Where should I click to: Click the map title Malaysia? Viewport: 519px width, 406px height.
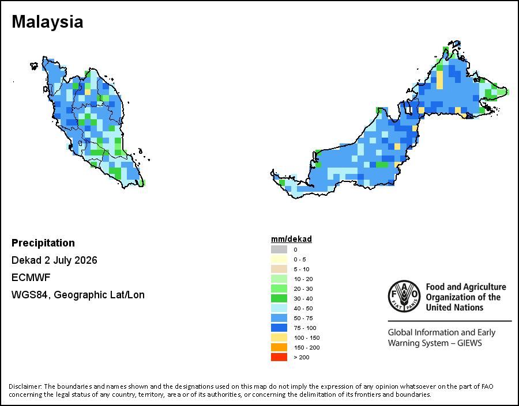(x=47, y=22)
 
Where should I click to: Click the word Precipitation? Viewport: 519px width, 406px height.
(x=43, y=243)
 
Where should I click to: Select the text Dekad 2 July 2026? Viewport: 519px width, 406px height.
(x=54, y=260)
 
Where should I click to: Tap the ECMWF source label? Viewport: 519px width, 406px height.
(x=31, y=278)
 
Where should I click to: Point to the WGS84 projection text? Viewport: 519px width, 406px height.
(x=78, y=295)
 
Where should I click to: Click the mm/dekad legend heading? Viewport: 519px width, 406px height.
(x=291, y=239)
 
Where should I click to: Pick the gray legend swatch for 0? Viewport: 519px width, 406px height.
(x=279, y=249)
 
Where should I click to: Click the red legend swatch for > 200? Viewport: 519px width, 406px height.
(x=279, y=357)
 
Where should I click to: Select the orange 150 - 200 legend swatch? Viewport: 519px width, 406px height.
(x=279, y=347)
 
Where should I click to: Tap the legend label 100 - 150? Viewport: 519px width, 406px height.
(x=307, y=338)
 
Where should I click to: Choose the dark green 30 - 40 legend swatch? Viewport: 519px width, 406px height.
(x=279, y=298)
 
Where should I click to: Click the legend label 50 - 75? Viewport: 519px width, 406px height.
(x=303, y=318)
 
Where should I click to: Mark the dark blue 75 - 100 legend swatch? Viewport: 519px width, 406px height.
(x=279, y=328)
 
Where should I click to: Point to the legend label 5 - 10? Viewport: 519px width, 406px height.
(x=302, y=269)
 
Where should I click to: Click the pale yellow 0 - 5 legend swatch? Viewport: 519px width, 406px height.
(x=279, y=259)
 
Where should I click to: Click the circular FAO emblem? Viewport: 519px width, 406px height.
(x=404, y=296)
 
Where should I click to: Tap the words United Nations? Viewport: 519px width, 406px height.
(x=454, y=308)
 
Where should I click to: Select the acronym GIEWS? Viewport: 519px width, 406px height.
(x=469, y=343)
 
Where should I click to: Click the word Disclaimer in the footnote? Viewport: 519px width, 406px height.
(x=25, y=386)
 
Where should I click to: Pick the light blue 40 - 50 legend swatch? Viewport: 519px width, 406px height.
(x=279, y=308)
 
